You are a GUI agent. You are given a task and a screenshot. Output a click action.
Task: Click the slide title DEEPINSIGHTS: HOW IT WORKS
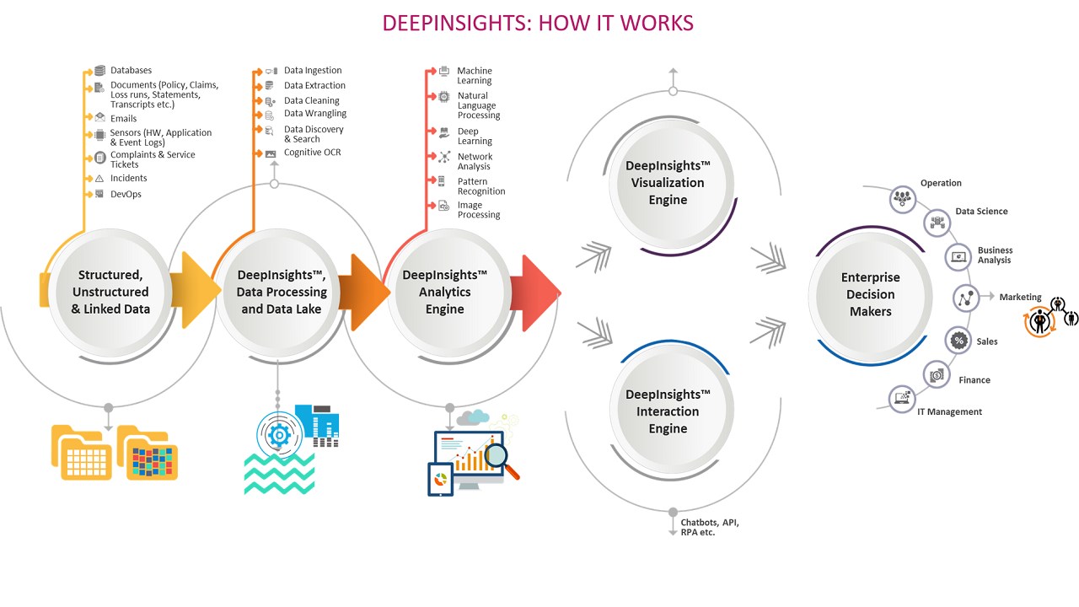tap(538, 23)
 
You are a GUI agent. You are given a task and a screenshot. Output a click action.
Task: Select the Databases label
tap(131, 71)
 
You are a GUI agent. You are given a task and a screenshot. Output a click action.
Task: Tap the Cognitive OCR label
tap(312, 153)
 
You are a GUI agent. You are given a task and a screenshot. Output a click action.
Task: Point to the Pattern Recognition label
tap(481, 186)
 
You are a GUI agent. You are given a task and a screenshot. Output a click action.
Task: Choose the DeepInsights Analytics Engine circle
tap(444, 292)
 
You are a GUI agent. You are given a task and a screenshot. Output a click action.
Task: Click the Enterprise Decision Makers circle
tap(870, 294)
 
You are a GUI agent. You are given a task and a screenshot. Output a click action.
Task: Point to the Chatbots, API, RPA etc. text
tap(710, 527)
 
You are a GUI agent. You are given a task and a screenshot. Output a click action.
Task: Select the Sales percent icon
tap(958, 341)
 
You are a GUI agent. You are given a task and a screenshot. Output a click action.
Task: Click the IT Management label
tap(949, 412)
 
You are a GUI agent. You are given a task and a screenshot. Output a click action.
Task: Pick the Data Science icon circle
tap(937, 222)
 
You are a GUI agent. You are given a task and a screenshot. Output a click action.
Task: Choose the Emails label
tap(123, 119)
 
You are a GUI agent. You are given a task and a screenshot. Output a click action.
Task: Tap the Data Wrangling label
tap(315, 114)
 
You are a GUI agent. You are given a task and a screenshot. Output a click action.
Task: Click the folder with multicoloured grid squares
tap(149, 455)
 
